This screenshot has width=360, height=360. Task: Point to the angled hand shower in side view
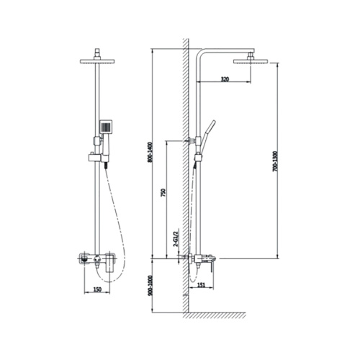(x=210, y=132)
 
